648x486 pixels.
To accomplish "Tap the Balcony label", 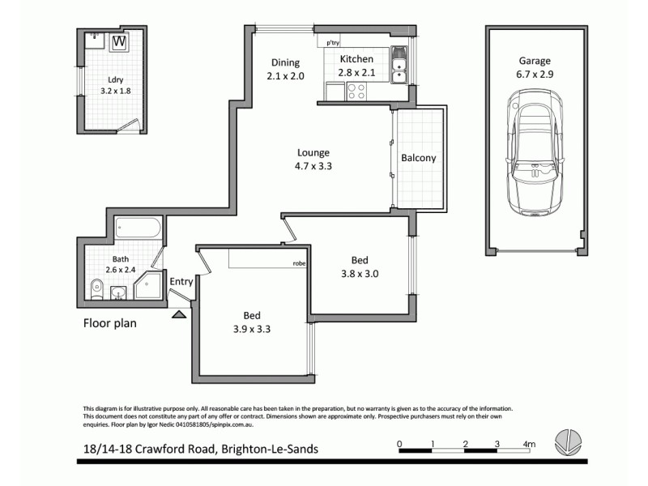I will [x=418, y=158].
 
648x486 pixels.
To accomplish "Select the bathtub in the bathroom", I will [x=139, y=229].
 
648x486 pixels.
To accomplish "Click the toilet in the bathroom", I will [x=96, y=285].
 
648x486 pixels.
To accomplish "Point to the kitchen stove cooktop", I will [x=356, y=92].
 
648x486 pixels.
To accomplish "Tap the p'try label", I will [x=332, y=43].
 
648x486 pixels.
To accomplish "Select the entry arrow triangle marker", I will [x=178, y=314].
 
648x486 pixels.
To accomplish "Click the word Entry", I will [x=181, y=281].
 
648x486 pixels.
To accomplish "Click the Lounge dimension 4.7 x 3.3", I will [x=313, y=166].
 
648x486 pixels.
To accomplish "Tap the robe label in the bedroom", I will [x=298, y=263].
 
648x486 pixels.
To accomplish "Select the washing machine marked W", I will [x=119, y=42].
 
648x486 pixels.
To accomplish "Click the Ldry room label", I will [x=114, y=79].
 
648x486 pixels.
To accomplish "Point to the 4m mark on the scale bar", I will [x=529, y=444].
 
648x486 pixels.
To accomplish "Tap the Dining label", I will [x=286, y=62].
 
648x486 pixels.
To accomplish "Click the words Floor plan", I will [x=110, y=323].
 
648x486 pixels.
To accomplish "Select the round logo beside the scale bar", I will [x=567, y=442].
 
